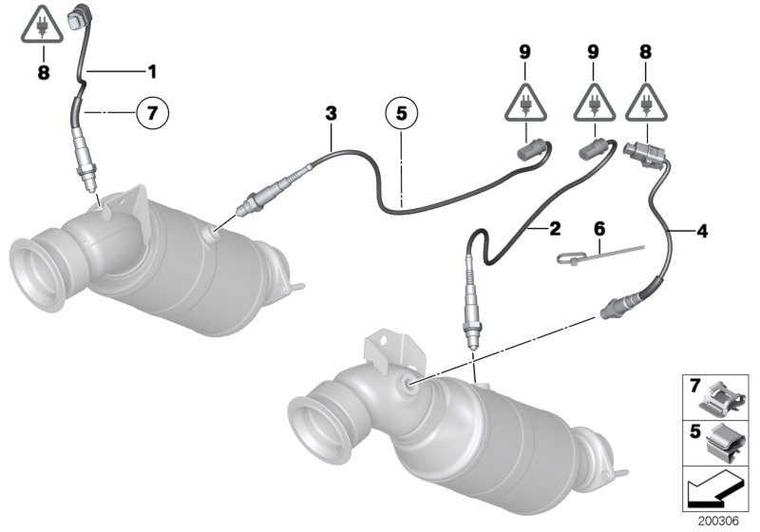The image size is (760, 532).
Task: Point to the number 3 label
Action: pyautogui.click(x=331, y=113)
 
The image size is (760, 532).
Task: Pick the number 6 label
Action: pyautogui.click(x=598, y=229)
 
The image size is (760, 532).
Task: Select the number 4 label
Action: pyautogui.click(x=702, y=229)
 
